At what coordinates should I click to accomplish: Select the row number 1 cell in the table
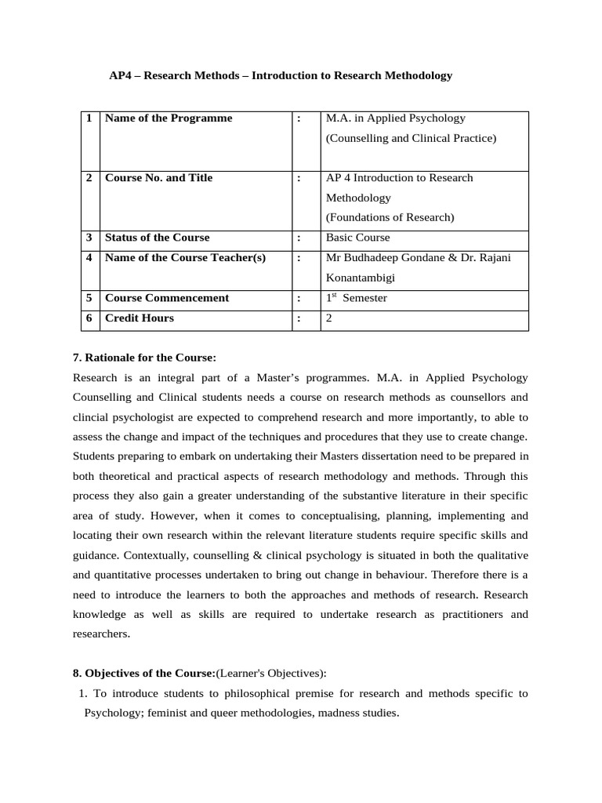click(x=89, y=118)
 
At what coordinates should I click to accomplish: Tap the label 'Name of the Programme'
click(x=169, y=118)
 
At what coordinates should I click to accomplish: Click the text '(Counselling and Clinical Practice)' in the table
click(x=411, y=139)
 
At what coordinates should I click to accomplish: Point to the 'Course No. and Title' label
click(x=158, y=178)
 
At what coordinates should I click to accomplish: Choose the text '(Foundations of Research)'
click(x=390, y=217)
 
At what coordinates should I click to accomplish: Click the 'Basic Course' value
click(x=357, y=238)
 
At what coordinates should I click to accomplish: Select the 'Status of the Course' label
click(x=157, y=238)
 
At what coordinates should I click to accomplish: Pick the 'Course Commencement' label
click(x=167, y=298)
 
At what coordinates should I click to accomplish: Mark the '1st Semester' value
click(x=356, y=298)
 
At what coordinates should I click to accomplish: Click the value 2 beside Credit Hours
click(x=329, y=318)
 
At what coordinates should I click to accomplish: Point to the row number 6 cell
click(x=89, y=318)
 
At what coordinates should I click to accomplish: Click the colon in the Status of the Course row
click(x=299, y=238)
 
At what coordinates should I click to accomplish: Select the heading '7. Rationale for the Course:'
click(x=144, y=358)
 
